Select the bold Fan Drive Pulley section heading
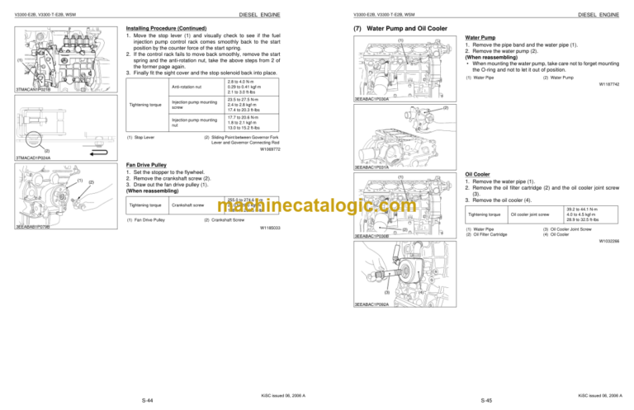[x=149, y=164]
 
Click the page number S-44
[x=146, y=399]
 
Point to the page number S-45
[x=487, y=399]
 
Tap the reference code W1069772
[x=270, y=149]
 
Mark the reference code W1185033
[x=270, y=227]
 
